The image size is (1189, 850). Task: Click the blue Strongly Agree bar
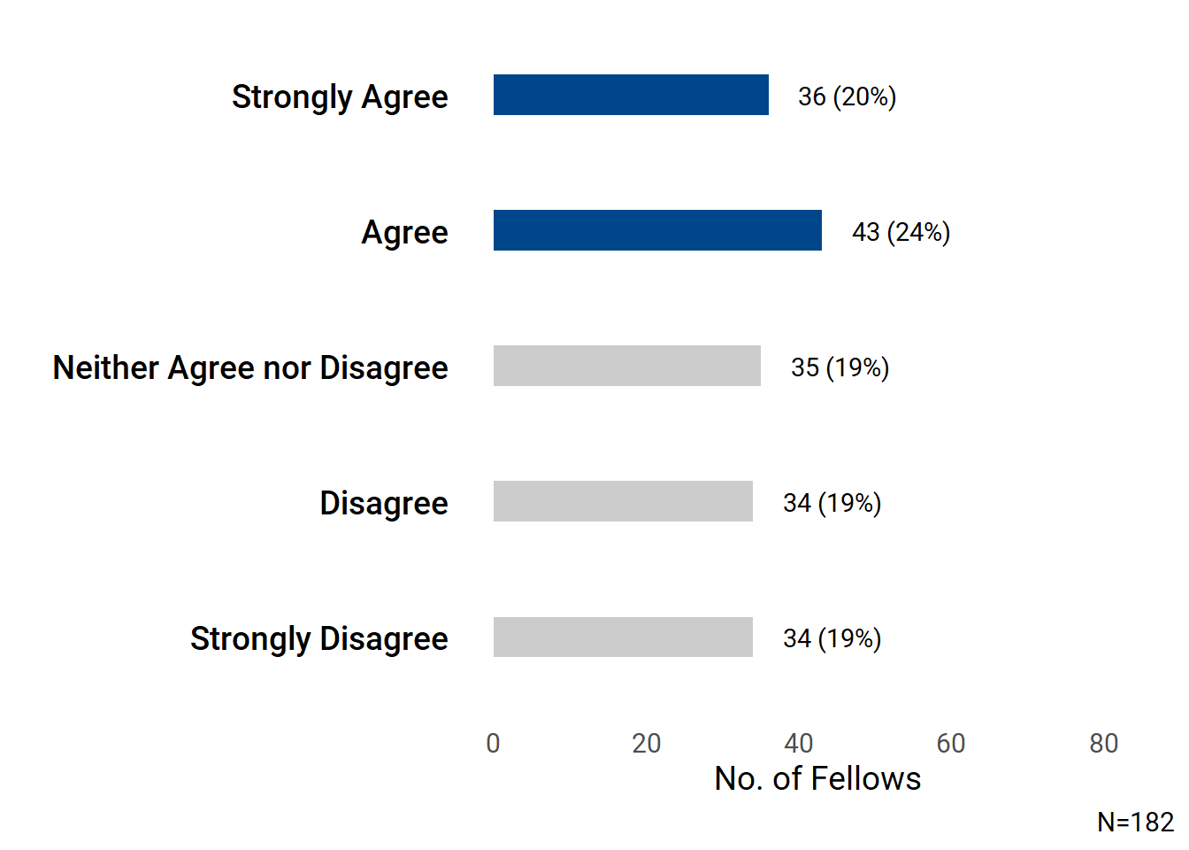pyautogui.click(x=631, y=95)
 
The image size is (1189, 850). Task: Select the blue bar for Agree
pyautogui.click(x=657, y=230)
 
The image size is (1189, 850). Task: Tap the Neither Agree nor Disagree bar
pyautogui.click(x=626, y=366)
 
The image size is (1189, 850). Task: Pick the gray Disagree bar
pyautogui.click(x=623, y=501)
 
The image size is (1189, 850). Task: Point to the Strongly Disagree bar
pyautogui.click(x=623, y=637)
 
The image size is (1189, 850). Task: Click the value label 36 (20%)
pyautogui.click(x=847, y=97)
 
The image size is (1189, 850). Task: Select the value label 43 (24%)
pyautogui.click(x=901, y=232)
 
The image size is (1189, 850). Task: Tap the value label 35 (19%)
pyautogui.click(x=840, y=367)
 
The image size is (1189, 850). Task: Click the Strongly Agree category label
pyautogui.click(x=340, y=97)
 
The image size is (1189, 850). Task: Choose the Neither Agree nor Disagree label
pyautogui.click(x=250, y=367)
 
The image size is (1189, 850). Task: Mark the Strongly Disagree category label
pyautogui.click(x=318, y=638)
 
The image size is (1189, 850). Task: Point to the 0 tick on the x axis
pyautogui.click(x=494, y=743)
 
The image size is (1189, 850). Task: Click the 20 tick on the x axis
pyautogui.click(x=647, y=743)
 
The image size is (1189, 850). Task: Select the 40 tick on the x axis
pyautogui.click(x=799, y=743)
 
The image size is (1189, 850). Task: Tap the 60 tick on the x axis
pyautogui.click(x=951, y=743)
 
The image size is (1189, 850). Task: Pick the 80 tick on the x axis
pyautogui.click(x=1104, y=743)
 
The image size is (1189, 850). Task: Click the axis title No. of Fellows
pyautogui.click(x=817, y=778)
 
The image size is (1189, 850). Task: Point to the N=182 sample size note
pyautogui.click(x=1135, y=823)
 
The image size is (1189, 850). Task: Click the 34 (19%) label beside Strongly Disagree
pyautogui.click(x=832, y=638)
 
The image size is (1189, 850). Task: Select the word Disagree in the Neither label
pyautogui.click(x=384, y=367)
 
